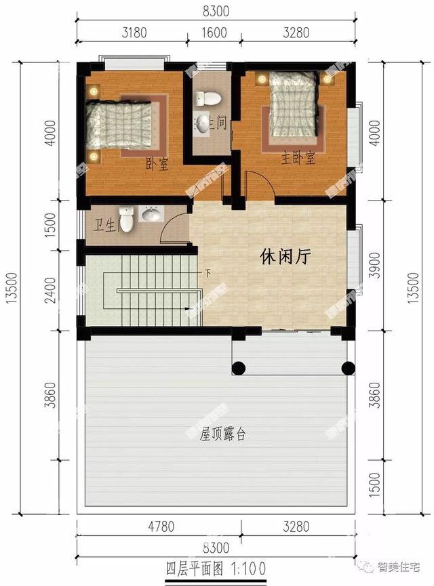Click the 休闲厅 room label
tap(285, 255)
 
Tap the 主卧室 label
tap(299, 159)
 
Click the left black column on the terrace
tap(239, 369)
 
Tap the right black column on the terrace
tap(348, 369)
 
